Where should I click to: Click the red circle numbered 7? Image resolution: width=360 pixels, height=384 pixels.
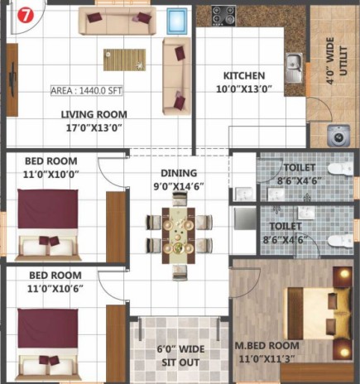point(26,16)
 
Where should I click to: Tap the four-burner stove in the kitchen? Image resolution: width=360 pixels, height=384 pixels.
point(223,16)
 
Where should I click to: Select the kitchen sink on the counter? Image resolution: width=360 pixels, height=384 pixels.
point(295,68)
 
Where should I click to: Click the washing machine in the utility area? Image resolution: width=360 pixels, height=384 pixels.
point(338,136)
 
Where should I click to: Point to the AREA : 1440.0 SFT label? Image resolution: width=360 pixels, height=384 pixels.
point(86,91)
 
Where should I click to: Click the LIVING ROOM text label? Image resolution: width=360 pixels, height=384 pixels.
point(94,114)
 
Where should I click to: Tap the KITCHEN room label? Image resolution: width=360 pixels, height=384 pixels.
point(244,75)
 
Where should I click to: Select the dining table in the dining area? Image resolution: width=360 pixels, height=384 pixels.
point(179,236)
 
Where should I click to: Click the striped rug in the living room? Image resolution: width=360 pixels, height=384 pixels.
point(125,60)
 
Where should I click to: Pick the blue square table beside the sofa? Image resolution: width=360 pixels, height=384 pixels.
point(177,21)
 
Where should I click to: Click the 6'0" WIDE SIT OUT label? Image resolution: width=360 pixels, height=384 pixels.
point(180,356)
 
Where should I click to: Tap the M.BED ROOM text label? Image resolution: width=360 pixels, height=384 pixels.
point(266,346)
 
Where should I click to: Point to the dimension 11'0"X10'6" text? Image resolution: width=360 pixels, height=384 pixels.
point(55,289)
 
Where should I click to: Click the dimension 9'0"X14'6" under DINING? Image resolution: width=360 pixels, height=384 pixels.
point(179,186)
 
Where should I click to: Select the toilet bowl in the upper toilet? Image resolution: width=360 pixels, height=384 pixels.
point(340,168)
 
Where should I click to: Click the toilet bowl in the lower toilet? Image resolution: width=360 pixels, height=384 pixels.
point(340,241)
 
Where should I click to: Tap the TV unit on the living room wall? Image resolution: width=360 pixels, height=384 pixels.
point(12,79)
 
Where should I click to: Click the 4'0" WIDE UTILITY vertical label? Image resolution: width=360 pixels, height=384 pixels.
point(336,60)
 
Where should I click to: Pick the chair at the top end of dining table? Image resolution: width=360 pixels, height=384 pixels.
point(180,199)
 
